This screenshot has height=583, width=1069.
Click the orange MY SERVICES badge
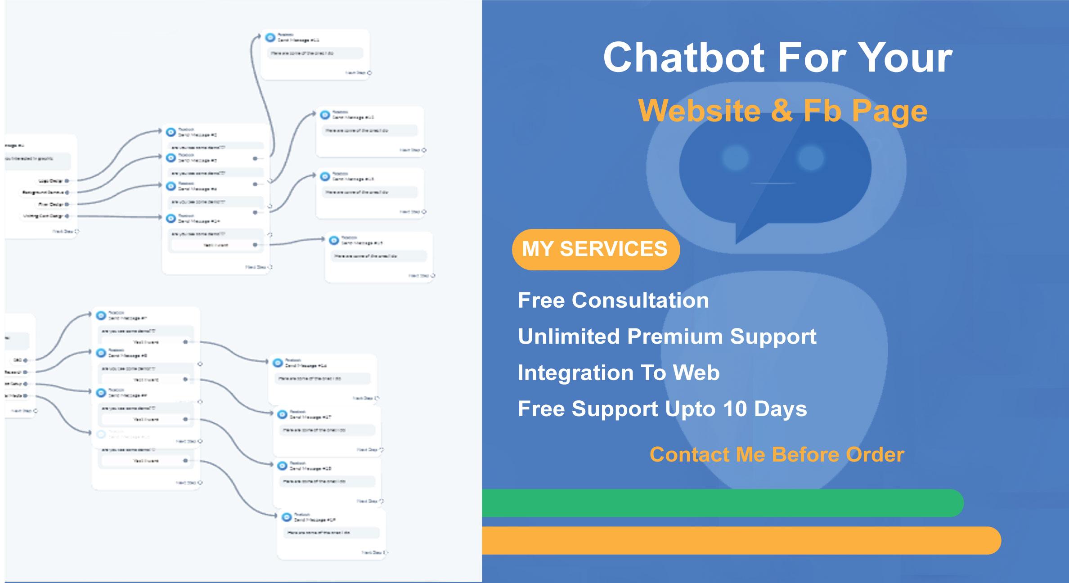pos(595,249)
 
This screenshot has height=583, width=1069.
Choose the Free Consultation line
pos(613,300)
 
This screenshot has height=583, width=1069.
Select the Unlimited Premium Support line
pos(667,336)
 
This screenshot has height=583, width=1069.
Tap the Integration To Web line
pos(619,373)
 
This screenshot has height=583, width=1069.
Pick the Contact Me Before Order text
pos(777,454)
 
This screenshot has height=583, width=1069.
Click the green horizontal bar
pos(720,503)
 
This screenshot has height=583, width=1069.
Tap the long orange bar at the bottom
pos(738,540)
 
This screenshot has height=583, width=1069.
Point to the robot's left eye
pos(736,158)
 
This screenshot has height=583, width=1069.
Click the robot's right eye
pos(811,158)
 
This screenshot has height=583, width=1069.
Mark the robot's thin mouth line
pos(773,183)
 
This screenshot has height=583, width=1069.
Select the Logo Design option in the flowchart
pos(51,181)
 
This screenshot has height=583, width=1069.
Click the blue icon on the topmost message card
pos(270,37)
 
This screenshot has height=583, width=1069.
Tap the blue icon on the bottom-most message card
pos(287,517)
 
